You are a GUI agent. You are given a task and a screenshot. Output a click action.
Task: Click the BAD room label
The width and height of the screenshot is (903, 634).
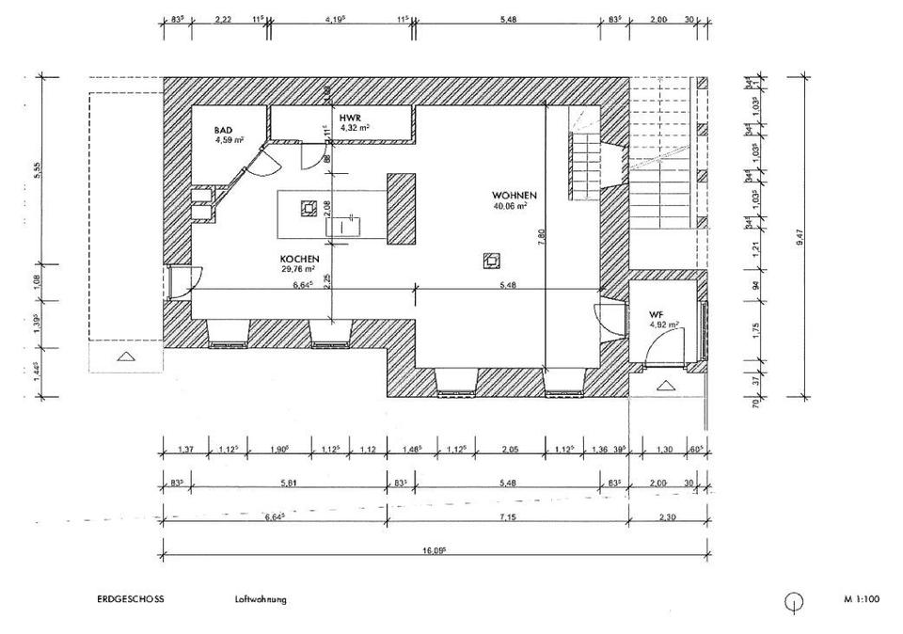223,130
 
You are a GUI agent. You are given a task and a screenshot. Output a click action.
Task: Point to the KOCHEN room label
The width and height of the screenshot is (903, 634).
300,259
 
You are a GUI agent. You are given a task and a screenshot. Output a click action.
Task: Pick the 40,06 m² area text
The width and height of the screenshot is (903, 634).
510,205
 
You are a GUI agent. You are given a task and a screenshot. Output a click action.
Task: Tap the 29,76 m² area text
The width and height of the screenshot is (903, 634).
297,269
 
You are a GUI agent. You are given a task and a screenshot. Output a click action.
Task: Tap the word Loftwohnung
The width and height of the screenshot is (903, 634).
261,599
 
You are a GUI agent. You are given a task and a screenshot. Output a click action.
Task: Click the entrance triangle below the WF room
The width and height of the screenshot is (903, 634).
666,385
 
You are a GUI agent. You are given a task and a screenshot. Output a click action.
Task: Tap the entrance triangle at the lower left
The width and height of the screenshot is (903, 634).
126,356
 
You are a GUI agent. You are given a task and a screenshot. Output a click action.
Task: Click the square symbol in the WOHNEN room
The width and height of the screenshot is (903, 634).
490,260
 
